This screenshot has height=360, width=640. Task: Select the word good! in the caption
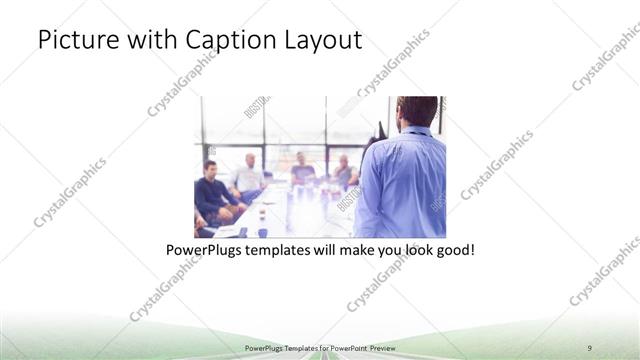click(452, 249)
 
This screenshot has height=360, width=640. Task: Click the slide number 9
click(590, 347)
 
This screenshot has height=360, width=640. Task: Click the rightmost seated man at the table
click(344, 172)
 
